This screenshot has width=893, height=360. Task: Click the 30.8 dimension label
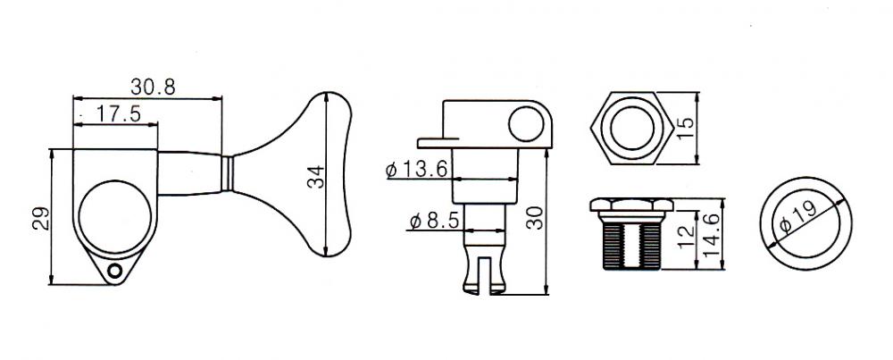pos(153,88)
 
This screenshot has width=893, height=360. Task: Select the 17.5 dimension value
pos(118,113)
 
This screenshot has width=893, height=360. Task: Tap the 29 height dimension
pos(41,218)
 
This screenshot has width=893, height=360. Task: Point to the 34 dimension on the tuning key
pos(315,177)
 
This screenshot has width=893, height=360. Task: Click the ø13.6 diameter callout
pos(419,169)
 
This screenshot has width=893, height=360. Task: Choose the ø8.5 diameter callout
pos(434,221)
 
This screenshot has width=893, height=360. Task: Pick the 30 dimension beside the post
pos(535,218)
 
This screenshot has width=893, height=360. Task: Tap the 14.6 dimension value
pos(712,235)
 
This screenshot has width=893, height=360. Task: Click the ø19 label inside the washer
pos(799,218)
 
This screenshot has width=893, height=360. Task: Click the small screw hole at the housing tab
pos(115,271)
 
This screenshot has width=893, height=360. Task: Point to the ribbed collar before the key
pos(227,173)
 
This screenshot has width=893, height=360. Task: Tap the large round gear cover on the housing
pos(115,217)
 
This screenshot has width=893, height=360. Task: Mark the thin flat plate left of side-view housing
pos(438,142)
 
